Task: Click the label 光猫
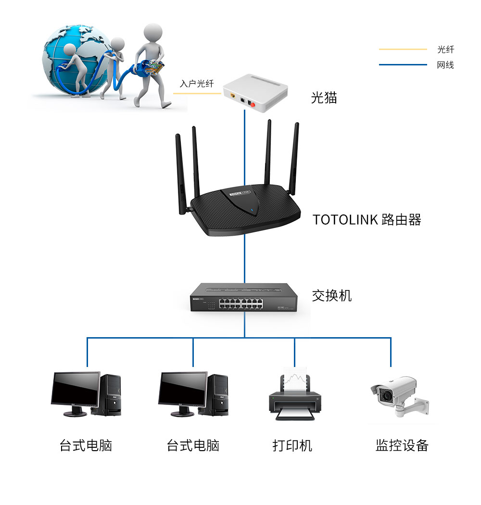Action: point(324,98)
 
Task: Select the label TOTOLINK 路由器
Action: point(367,220)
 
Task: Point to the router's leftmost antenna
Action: point(181,173)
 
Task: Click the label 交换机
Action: point(331,295)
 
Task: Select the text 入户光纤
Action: point(197,84)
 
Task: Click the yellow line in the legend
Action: point(403,49)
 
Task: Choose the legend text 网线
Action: point(445,65)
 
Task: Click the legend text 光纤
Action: point(445,49)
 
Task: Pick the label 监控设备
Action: point(402,445)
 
